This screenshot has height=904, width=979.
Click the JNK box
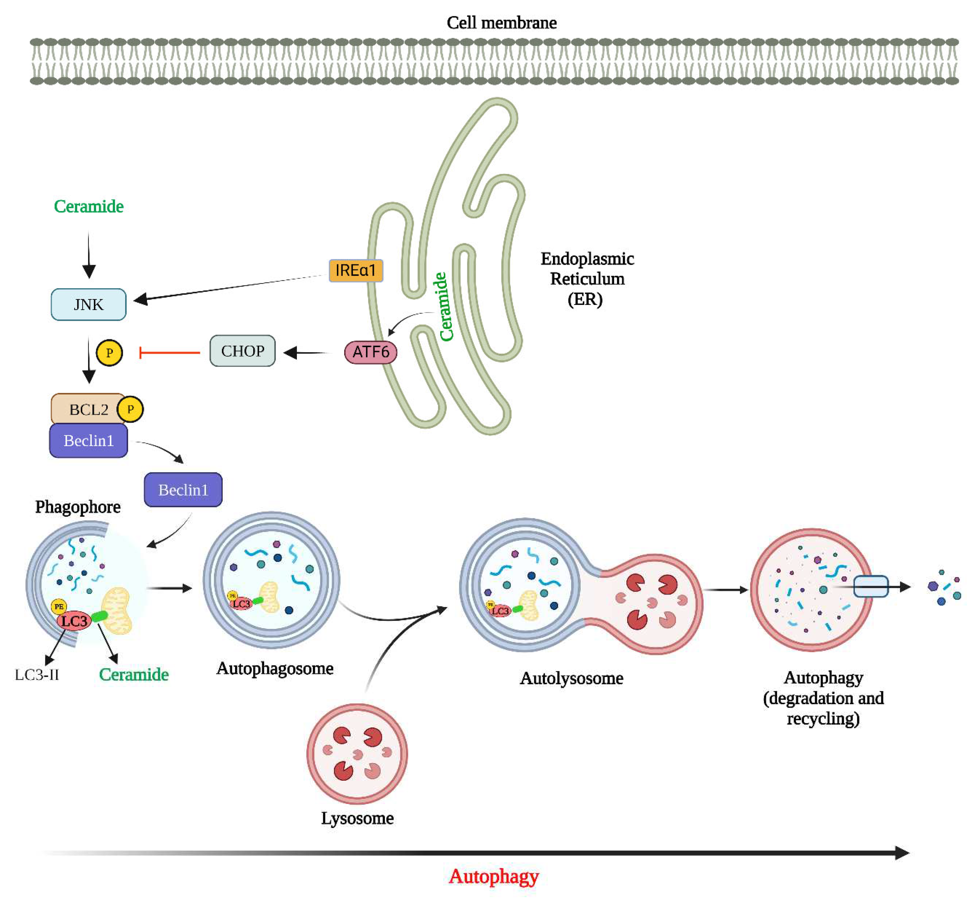pos(88,304)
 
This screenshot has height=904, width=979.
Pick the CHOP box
pos(242,351)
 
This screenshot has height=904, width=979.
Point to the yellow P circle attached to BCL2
pos(130,409)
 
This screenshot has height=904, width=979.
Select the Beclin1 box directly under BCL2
pos(88,441)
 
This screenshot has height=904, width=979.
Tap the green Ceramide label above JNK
pos(88,206)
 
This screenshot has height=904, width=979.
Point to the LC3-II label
pos(37,675)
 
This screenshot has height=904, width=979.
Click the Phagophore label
pos(78,507)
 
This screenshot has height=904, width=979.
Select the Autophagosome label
pos(275,668)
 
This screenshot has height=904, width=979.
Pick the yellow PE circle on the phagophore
pos(59,606)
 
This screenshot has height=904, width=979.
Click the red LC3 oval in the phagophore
pos(74,621)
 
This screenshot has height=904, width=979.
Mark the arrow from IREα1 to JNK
pos(230,287)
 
